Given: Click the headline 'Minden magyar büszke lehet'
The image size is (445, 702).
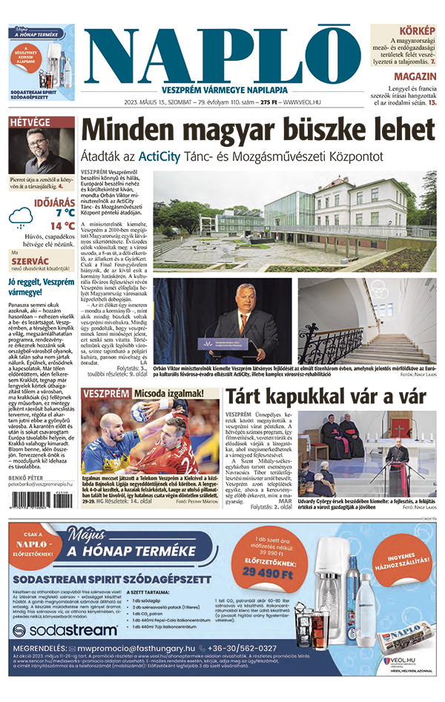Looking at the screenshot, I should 257,130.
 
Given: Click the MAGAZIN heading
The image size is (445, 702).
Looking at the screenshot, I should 415,76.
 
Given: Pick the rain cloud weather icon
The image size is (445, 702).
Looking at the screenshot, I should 21,217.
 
